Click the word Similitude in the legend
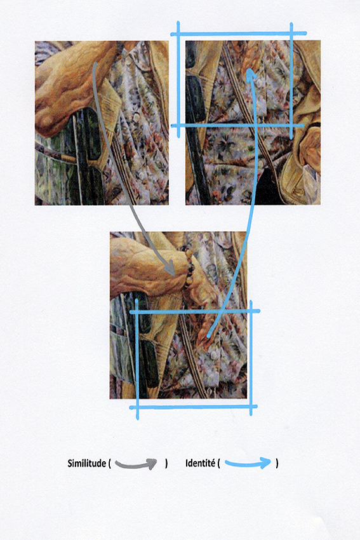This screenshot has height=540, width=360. click(x=86, y=463)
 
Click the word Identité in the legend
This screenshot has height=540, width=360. click(x=200, y=463)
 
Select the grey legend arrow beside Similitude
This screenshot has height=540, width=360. click(x=136, y=464)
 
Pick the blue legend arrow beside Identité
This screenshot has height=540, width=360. click(x=248, y=464)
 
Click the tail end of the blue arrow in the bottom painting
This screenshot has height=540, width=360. click(x=208, y=335)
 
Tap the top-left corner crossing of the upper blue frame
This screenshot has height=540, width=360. click(x=178, y=34)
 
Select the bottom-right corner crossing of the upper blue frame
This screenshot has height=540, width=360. click(x=291, y=126)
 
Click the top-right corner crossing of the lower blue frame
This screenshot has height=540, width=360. click(x=251, y=311)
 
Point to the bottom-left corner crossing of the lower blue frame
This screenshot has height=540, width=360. click(x=137, y=407)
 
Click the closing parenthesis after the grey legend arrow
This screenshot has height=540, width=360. click(x=166, y=464)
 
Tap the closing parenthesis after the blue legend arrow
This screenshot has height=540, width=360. click(x=277, y=463)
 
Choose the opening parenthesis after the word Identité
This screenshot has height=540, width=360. click(x=218, y=463)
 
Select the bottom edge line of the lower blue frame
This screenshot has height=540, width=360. click(x=193, y=407)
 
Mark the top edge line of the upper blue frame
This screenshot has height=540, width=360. click(x=239, y=34)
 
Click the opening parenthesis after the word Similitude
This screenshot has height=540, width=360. click(x=109, y=464)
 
